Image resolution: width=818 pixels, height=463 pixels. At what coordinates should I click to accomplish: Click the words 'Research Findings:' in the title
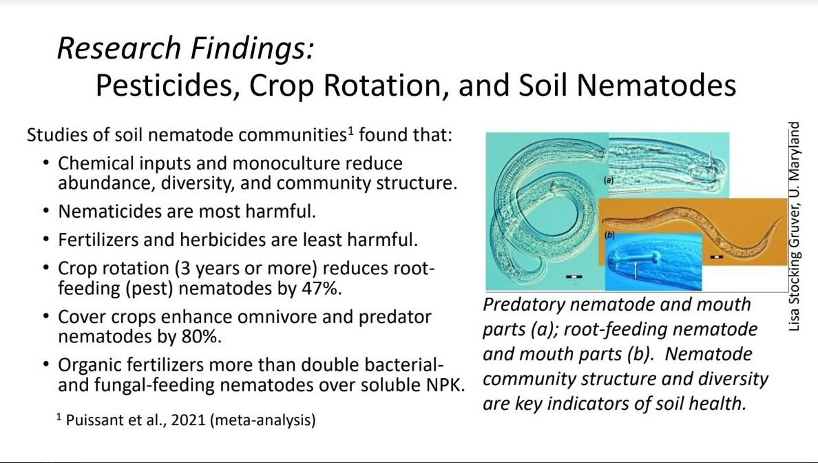click(x=185, y=49)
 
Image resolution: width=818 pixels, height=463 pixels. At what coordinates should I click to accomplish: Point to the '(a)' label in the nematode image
click(x=609, y=180)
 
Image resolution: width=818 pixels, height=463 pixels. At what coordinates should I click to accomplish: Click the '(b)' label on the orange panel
click(x=610, y=236)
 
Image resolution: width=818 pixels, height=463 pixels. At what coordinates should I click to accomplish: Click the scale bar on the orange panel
click(x=717, y=257)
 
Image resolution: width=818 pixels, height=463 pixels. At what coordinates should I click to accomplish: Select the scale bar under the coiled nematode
click(x=574, y=276)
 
